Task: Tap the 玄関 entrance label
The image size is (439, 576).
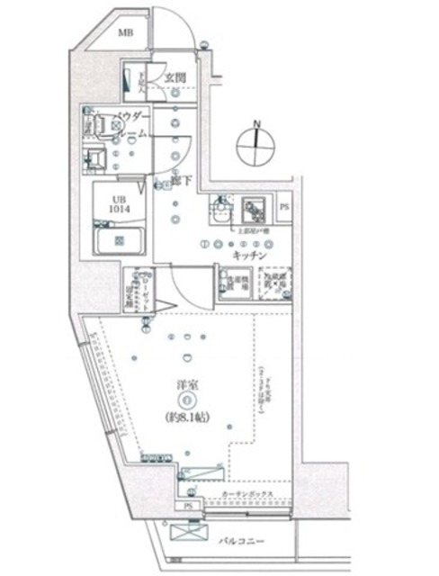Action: [x=175, y=77]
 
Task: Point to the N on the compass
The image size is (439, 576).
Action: [x=256, y=123]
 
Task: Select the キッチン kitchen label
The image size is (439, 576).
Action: [x=247, y=256]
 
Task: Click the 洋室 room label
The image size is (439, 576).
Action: [x=186, y=387]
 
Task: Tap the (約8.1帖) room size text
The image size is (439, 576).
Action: [x=186, y=419]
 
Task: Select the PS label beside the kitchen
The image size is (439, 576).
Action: [x=283, y=206]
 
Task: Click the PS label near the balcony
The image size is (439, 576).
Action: [x=188, y=507]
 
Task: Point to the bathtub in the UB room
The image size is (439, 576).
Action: [x=121, y=240]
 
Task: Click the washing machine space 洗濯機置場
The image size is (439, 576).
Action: [x=226, y=283]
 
